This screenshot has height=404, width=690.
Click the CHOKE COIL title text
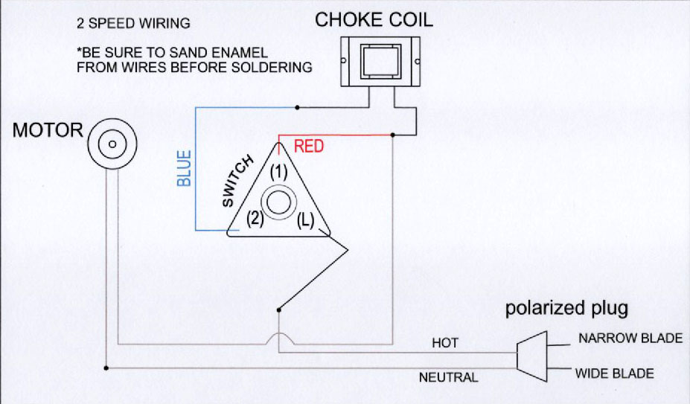coord(374,20)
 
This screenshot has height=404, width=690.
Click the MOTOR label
coord(48,131)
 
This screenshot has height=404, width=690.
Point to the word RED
coord(309,147)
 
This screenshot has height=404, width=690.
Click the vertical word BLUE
coord(185,168)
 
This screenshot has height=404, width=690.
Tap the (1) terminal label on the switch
coord(278,171)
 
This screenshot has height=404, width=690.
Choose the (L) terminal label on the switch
coord(305,220)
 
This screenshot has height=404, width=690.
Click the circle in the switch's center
coord(278,203)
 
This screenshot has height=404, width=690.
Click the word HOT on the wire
coord(445,343)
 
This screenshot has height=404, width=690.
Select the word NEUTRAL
coord(448,377)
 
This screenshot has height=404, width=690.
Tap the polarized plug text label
coord(567,308)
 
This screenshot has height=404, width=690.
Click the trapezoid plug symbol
coord(531,350)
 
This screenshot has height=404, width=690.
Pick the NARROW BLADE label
coord(630,339)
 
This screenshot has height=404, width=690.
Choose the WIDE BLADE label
coord(614,373)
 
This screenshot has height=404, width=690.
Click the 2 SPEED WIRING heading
coord(133,24)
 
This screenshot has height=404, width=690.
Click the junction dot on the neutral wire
coord(107,368)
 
